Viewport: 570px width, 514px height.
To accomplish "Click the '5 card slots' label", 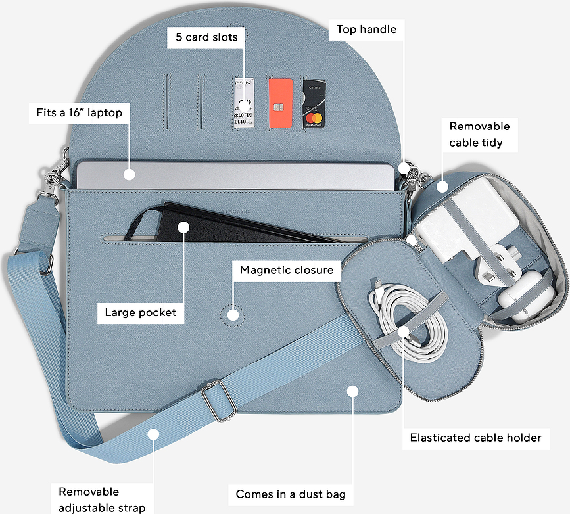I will (206, 37).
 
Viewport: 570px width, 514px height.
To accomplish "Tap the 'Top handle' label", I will (366, 30).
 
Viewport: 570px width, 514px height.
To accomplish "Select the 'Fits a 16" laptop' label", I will (79, 112).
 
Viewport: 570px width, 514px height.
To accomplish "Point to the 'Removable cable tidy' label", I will (479, 134).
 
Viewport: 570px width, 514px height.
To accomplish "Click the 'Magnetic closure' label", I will (286, 270).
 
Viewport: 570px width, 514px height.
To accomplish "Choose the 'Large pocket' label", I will (141, 312).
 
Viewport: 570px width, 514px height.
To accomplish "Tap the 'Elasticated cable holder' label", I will (475, 438).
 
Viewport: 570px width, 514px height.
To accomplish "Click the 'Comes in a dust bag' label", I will (291, 494).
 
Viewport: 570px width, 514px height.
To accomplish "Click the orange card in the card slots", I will (280, 104).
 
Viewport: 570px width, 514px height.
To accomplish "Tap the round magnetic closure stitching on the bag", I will (233, 314).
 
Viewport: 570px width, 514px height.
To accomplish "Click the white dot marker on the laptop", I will (129, 175).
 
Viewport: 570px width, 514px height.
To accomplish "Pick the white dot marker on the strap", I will (153, 433).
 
